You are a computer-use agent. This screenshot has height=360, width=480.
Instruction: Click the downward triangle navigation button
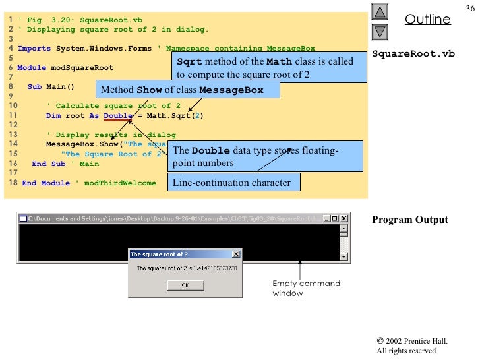(x=380, y=31)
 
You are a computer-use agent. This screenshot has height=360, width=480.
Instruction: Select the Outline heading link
(x=427, y=20)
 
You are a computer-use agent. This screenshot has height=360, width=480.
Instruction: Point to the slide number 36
(x=469, y=7)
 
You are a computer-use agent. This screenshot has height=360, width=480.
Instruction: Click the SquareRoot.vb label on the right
(x=413, y=53)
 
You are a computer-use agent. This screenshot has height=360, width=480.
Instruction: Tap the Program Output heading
(x=409, y=220)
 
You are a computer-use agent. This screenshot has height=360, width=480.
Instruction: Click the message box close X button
(x=236, y=254)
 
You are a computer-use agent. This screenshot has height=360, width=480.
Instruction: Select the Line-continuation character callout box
(x=231, y=183)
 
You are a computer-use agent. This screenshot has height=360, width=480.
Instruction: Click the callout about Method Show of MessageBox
(x=182, y=90)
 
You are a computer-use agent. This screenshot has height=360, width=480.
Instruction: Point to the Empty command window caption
(x=306, y=288)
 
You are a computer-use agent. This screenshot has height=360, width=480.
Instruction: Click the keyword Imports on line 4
(x=34, y=48)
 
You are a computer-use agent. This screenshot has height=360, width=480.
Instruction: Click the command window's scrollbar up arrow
(x=344, y=230)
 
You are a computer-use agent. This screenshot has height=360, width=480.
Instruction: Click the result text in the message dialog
(x=187, y=268)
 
